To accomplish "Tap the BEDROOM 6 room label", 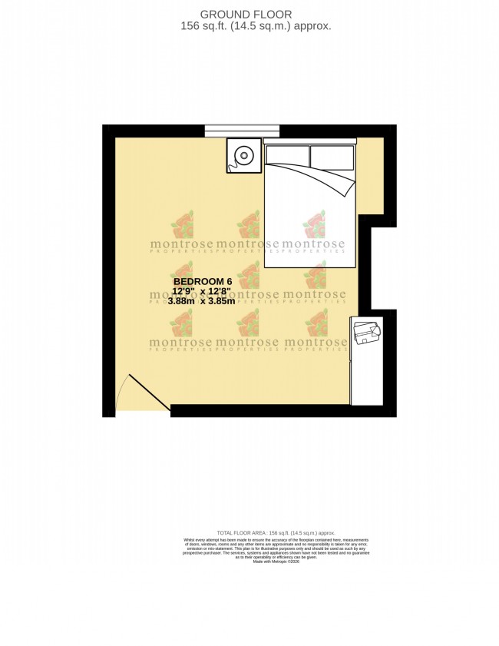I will [201, 281].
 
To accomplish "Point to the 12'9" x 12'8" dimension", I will [201, 291].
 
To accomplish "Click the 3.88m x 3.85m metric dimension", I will [201, 301].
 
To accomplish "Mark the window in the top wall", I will [242, 131].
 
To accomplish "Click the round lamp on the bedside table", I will [244, 156].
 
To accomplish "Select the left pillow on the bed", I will [286, 157].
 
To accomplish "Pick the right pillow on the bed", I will [332, 157].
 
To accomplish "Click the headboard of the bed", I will [310, 141].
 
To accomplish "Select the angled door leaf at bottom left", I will [149, 393].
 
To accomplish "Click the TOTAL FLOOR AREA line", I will [276, 532].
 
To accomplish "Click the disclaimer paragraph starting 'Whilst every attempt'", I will [276, 547].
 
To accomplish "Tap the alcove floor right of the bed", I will [370, 177].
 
